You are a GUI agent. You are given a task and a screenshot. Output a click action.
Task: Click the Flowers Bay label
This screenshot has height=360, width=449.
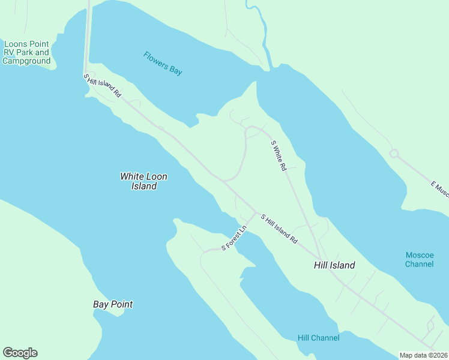pos(163,63)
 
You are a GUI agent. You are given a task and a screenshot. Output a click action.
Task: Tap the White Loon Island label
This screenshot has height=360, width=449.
pos(144,181)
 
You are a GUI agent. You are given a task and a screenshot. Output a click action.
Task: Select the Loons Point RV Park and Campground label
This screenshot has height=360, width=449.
pos(26,52)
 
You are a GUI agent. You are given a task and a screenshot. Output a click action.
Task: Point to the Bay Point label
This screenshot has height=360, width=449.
pos(113,304)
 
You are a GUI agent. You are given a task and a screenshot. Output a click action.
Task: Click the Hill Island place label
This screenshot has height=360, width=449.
pos(334,265)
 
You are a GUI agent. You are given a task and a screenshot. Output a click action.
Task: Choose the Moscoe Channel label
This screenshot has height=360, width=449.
pos(419,259)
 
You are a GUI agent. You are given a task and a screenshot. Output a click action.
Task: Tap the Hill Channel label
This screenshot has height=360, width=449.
pos(318,338)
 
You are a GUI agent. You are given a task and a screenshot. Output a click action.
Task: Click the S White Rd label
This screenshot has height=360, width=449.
pos(279,156)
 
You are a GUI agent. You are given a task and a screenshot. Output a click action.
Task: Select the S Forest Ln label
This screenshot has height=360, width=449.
pos(235,238)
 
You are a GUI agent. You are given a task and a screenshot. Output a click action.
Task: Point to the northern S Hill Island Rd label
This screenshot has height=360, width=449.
pos(103,86)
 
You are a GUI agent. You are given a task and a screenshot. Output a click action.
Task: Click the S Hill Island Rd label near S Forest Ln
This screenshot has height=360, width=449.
pos(279,228)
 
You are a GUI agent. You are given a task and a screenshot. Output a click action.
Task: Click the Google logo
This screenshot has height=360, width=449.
pos(20,353)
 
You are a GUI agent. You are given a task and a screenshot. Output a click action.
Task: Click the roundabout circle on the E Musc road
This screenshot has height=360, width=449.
pos(394,154)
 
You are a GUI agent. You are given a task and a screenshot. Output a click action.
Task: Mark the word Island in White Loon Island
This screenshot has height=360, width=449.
pos(144,186)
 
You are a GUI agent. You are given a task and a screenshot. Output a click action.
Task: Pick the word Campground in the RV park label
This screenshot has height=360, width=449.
pos(26,61)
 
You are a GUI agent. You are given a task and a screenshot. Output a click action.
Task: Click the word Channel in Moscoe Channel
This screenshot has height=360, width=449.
pos(419,264)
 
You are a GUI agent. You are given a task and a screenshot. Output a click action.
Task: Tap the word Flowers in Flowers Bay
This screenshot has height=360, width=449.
pos(155,59)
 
